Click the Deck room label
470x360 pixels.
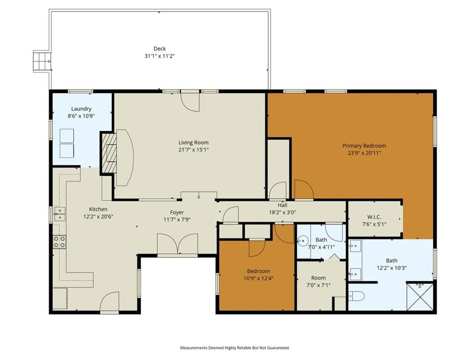coord(159,49)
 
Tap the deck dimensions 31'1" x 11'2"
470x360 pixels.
coord(159,56)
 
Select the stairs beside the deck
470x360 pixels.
coord(42,61)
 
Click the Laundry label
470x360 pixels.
coord(81,109)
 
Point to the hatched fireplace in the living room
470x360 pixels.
coord(109,153)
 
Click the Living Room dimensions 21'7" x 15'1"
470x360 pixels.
coord(193,150)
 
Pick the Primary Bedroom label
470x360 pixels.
coord(364,146)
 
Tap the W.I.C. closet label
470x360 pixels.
coord(374,217)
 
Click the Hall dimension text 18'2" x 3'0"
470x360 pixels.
coord(282,212)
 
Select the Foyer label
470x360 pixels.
coord(177,212)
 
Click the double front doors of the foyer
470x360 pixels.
coord(177,244)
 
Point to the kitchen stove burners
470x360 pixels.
coord(60,242)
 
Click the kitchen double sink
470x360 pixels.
coord(60,214)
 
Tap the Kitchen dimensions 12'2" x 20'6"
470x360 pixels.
coord(99,217)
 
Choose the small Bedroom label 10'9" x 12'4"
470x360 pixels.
coord(258,275)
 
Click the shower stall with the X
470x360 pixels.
coord(420,296)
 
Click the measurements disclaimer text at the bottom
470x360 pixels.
coord(235,348)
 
